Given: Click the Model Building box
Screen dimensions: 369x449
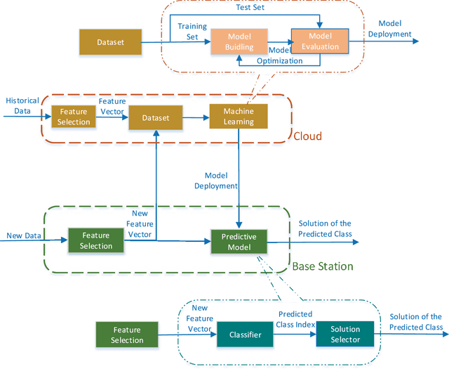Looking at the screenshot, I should (x=239, y=41).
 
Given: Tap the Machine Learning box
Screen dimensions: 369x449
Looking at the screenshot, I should (x=239, y=117).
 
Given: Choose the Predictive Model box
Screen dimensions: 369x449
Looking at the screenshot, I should (x=239, y=242).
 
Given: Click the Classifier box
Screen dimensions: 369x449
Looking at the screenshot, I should (x=245, y=335).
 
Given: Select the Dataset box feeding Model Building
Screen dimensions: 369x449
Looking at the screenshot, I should (x=110, y=42).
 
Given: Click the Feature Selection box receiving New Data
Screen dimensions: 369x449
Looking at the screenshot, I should (x=96, y=241).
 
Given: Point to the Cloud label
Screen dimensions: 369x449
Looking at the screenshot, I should (x=307, y=136).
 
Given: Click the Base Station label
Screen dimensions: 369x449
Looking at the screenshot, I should (x=323, y=266).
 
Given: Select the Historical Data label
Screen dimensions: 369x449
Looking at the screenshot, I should (x=22, y=105).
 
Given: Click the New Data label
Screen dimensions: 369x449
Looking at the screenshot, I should (x=24, y=235).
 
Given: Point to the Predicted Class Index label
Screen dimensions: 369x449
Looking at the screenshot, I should (x=295, y=319).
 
